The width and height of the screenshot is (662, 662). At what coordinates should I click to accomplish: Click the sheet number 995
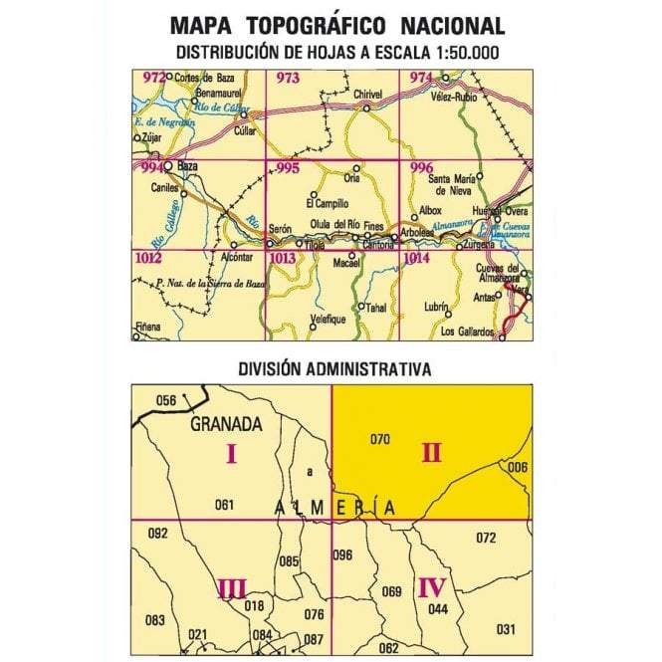287,168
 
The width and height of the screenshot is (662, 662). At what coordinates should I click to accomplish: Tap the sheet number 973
287,78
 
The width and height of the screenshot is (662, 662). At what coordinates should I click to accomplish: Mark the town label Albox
431,211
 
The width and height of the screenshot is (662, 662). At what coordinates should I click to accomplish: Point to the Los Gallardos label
466,331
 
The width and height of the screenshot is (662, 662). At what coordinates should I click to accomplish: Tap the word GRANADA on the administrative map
227,424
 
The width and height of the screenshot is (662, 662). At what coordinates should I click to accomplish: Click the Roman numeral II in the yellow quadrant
431,453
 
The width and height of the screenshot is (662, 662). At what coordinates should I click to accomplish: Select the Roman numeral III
231,589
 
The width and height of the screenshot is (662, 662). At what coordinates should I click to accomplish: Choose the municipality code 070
378,439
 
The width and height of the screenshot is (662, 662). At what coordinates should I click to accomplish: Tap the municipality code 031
506,628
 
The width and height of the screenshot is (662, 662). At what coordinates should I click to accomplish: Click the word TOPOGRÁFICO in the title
330,25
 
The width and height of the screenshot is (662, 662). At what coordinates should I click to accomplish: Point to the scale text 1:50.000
458,52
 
